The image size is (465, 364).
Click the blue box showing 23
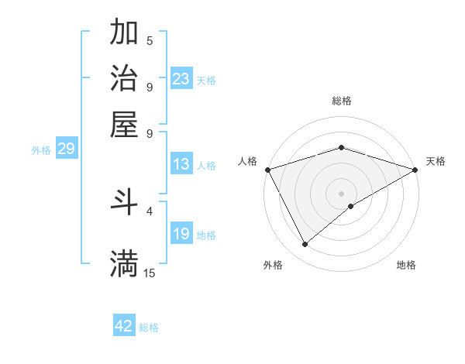click(181, 79)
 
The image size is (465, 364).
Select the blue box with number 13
click(181, 164)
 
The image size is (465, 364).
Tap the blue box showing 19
click(181, 234)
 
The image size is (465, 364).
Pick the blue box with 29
click(66, 149)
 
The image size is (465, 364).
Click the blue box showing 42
click(124, 326)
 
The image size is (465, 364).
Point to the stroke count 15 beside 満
click(150, 273)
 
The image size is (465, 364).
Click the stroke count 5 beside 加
click(150, 40)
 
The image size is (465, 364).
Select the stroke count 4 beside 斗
click(150, 210)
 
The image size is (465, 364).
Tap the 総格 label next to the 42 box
click(149, 328)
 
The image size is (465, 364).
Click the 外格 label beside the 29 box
click(41, 150)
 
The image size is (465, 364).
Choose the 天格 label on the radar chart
click(436, 161)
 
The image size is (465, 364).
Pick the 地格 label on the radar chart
click(406, 265)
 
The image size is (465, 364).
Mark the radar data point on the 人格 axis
click(267, 169)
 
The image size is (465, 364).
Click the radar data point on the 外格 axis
click(305, 245)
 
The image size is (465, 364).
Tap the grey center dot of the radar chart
click(341, 193)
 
